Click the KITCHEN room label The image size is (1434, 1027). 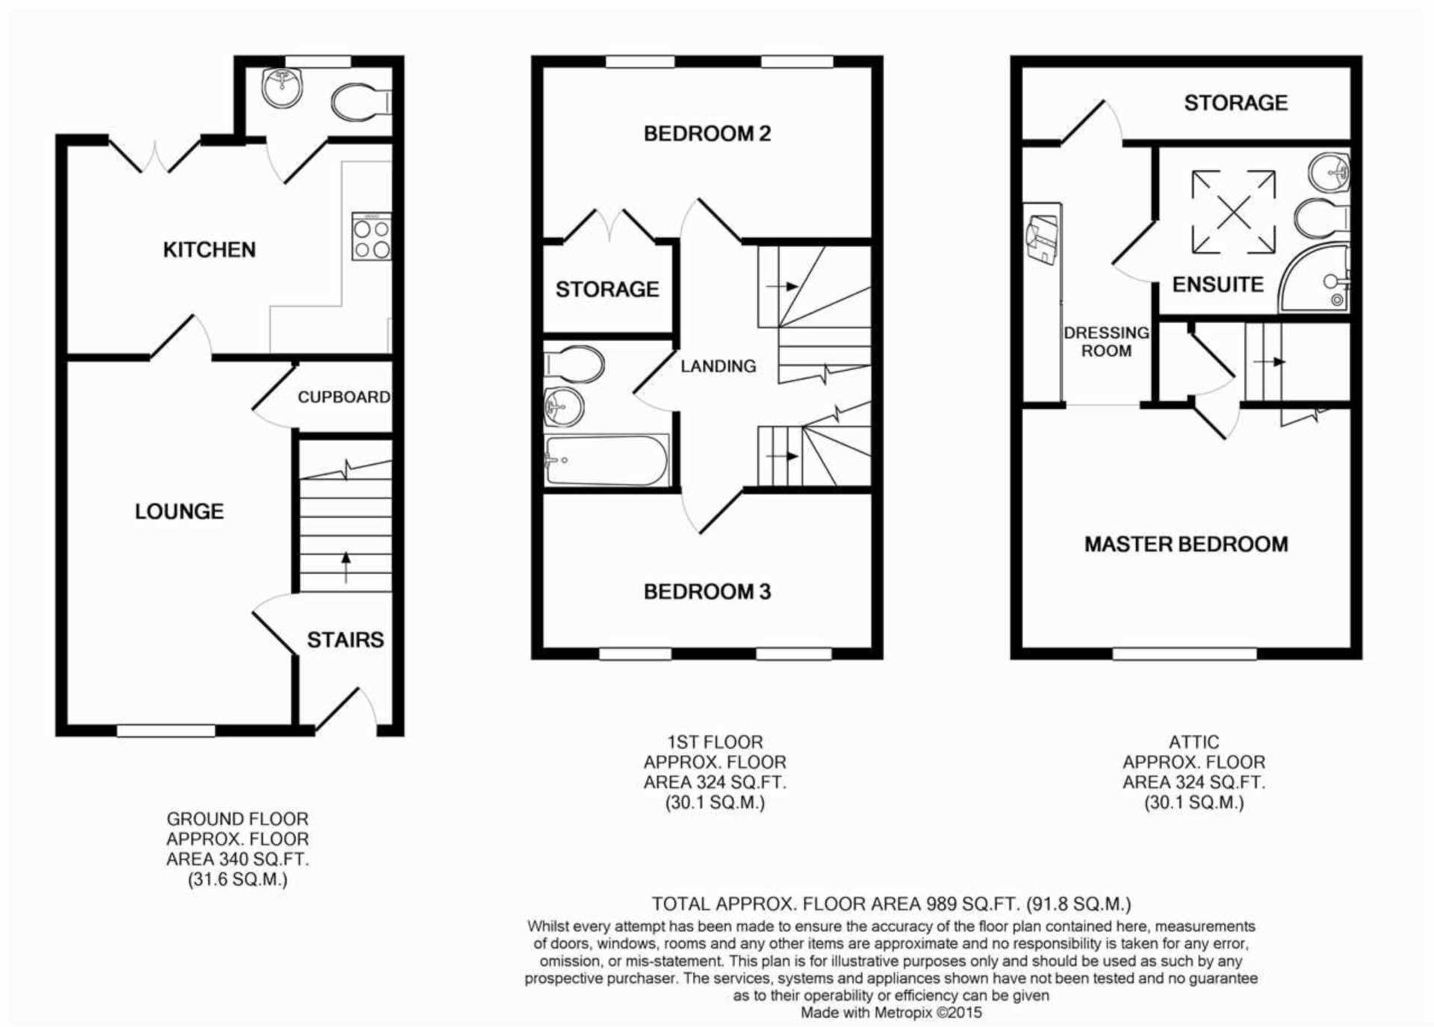click(x=209, y=250)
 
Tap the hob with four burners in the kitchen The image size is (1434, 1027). click(x=371, y=237)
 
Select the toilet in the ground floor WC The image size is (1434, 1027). click(x=358, y=102)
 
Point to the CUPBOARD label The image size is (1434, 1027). click(x=344, y=397)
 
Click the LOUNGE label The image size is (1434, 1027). click(x=179, y=511)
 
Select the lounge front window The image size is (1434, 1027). click(x=166, y=730)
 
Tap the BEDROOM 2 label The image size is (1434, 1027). click(x=707, y=134)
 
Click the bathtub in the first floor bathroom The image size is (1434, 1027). click(x=606, y=460)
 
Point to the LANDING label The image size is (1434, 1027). click(x=718, y=366)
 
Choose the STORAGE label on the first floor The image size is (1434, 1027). click(x=606, y=289)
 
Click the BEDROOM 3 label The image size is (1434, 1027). click(x=707, y=592)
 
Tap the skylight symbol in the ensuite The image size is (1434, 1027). click(x=1233, y=212)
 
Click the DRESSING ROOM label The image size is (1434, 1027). click(x=1106, y=342)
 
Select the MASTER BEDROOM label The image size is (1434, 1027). click(x=1186, y=544)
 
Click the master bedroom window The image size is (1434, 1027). click(x=1185, y=654)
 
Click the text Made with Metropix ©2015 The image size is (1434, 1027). click(x=891, y=1013)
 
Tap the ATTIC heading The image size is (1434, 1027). click(x=1194, y=742)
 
